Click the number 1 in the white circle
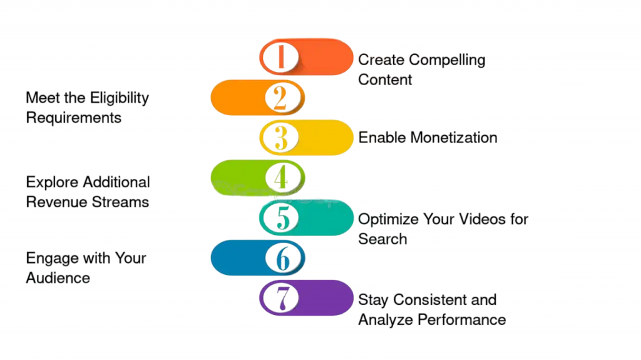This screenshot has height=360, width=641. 281,57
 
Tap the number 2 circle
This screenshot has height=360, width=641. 280,98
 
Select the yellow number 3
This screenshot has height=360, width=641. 281,138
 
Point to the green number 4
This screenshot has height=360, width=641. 281,178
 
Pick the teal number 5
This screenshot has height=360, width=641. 282,217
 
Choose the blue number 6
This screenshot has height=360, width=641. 282,258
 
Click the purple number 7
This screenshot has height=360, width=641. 283,298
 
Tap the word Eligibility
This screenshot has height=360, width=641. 120,98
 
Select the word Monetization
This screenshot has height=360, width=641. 454,138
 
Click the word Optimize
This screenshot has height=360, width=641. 388,220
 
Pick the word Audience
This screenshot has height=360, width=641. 58,278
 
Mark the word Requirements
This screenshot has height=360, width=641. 74,118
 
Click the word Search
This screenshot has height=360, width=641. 382,239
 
